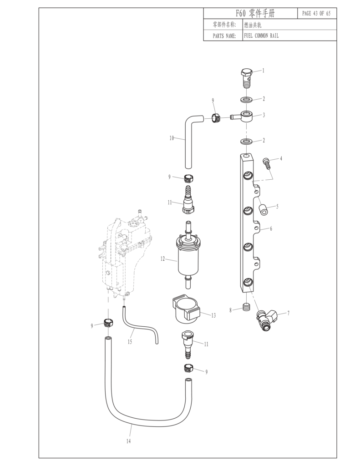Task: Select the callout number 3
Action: (x=264, y=115)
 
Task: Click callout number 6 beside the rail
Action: (x=271, y=228)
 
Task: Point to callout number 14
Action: (x=128, y=441)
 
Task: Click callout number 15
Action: (x=130, y=342)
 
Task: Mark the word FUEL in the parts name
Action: (x=249, y=36)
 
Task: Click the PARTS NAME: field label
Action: (x=224, y=36)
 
